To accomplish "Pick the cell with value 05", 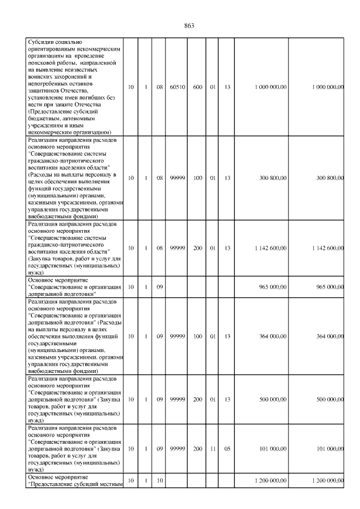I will (227, 449).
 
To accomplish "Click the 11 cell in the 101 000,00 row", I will (213, 449).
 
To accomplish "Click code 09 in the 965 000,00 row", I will (160, 287).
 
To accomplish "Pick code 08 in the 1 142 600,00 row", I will (160, 248).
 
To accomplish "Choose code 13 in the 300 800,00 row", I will (227, 178).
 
